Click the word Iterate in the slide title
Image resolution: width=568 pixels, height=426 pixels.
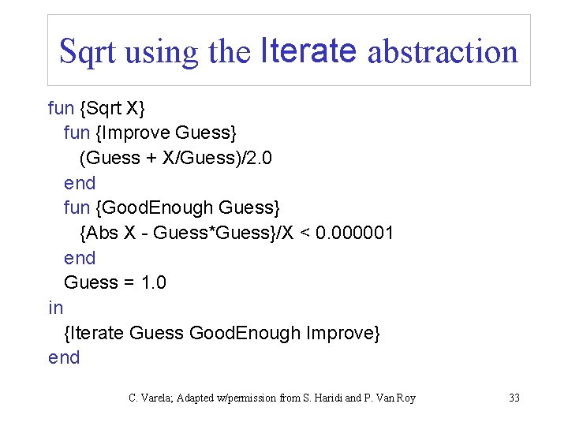click(308, 50)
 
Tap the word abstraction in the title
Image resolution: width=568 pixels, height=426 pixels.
click(443, 52)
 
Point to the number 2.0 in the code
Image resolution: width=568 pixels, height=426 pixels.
click(258, 158)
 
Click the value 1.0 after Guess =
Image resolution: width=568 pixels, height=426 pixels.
click(152, 282)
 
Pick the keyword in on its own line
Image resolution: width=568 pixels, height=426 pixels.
click(55, 308)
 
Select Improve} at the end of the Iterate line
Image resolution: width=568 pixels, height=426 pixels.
click(344, 333)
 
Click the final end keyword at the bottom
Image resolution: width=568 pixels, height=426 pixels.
click(64, 357)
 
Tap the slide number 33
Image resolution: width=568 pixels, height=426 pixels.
click(514, 398)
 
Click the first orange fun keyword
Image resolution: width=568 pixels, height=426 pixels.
click(60, 108)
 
